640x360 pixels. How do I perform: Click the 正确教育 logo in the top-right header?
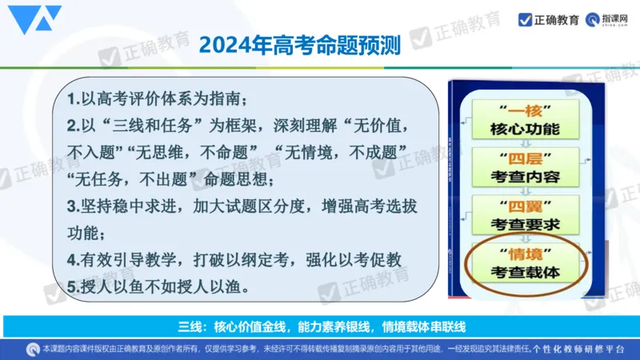click(549, 19)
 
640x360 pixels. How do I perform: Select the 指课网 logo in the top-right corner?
click(610, 19)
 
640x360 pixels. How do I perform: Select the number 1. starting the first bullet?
click(73, 100)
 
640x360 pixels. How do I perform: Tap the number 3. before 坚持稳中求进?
click(73, 206)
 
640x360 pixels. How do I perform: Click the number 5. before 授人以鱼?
click(73, 286)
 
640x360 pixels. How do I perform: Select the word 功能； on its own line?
click(89, 232)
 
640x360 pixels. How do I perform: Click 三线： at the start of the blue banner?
click(193, 326)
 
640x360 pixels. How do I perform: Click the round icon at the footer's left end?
click(33, 350)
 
